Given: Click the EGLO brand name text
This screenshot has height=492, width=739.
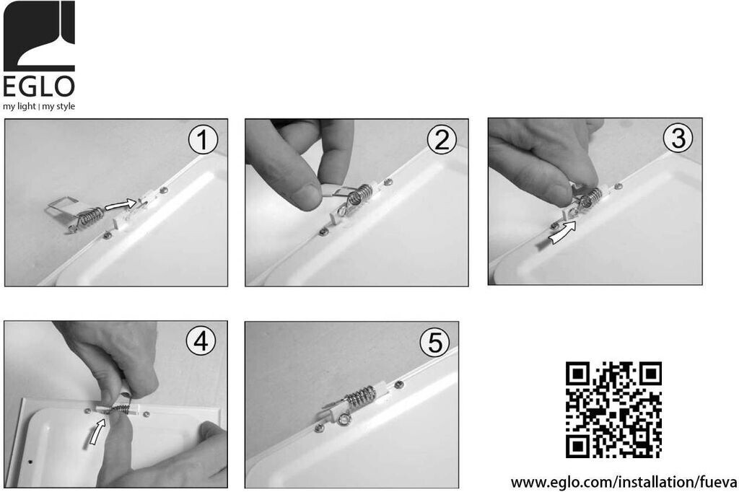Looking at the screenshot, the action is pyautogui.click(x=39, y=87).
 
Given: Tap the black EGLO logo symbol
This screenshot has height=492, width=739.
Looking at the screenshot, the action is pyautogui.click(x=39, y=36).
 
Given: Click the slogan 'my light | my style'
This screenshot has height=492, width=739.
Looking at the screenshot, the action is pyautogui.click(x=39, y=106).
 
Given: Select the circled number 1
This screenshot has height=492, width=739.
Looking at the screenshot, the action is pyautogui.click(x=203, y=140).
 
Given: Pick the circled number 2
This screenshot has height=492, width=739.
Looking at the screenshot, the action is pyautogui.click(x=442, y=140).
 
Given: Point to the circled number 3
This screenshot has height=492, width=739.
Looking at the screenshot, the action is pyautogui.click(x=678, y=138).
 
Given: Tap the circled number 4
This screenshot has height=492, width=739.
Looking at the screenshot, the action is pyautogui.click(x=201, y=341).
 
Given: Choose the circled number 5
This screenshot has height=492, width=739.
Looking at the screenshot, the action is pyautogui.click(x=434, y=343).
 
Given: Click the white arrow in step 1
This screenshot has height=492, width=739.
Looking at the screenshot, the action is pyautogui.click(x=121, y=204).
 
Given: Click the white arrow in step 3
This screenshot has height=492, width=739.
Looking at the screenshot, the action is pyautogui.click(x=564, y=233).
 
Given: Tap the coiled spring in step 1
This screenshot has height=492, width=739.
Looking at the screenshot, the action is pyautogui.click(x=90, y=217).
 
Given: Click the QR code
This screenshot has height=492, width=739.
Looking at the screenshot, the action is pyautogui.click(x=613, y=410).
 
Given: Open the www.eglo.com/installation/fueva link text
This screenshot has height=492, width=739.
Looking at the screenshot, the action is pyautogui.click(x=624, y=482).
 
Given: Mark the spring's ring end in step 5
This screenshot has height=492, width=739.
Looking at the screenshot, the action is pyautogui.click(x=342, y=419).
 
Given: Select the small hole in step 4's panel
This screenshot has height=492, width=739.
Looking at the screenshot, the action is pyautogui.click(x=31, y=462).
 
